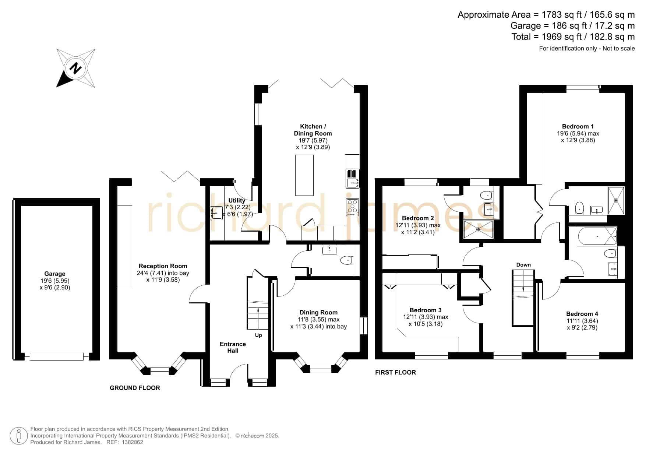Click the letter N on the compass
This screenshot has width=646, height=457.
pos(76,68)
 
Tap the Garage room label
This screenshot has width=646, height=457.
pos(55,274)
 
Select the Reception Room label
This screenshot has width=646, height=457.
pos(163,266)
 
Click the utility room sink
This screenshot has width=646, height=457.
pos(216,213)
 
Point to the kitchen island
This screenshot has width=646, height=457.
pos(304,175)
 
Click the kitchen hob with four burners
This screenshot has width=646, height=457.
pos(352,207)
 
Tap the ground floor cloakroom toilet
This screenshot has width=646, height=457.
pos(347,260)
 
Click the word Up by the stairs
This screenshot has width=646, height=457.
pos(258,335)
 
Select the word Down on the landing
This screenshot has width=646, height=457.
pos(523,265)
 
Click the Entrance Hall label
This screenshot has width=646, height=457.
pos(233,347)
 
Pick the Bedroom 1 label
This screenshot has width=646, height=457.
pos(578,126)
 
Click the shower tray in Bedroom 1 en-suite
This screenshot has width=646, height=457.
pos(616,201)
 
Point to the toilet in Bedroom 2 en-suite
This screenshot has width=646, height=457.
pos(487,195)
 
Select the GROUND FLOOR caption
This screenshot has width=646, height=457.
pos(135,388)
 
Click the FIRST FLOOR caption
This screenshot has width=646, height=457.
pos(395,372)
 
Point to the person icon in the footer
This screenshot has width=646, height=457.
pos(18,436)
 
